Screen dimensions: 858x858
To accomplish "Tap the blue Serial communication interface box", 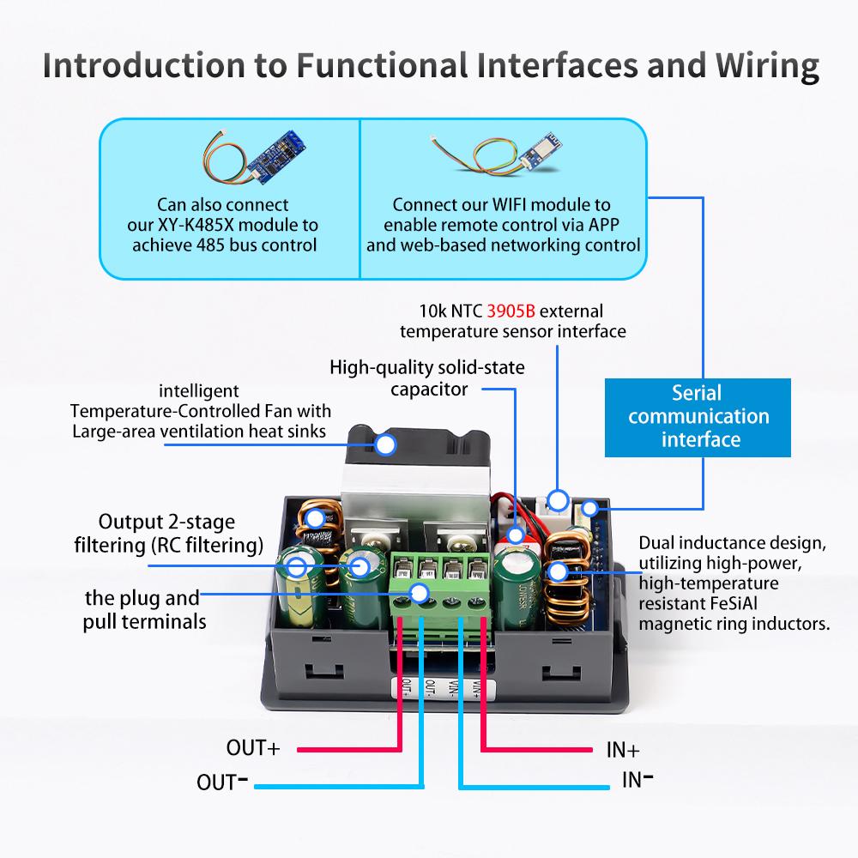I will (x=697, y=417).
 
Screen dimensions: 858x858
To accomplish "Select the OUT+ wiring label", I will (x=253, y=747).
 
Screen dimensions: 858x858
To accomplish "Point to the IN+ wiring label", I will (x=623, y=749).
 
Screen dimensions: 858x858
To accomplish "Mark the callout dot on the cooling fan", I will (x=385, y=444).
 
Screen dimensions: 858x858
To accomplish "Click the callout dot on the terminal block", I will (x=420, y=592).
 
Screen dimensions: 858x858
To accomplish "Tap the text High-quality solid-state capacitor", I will (x=427, y=378).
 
